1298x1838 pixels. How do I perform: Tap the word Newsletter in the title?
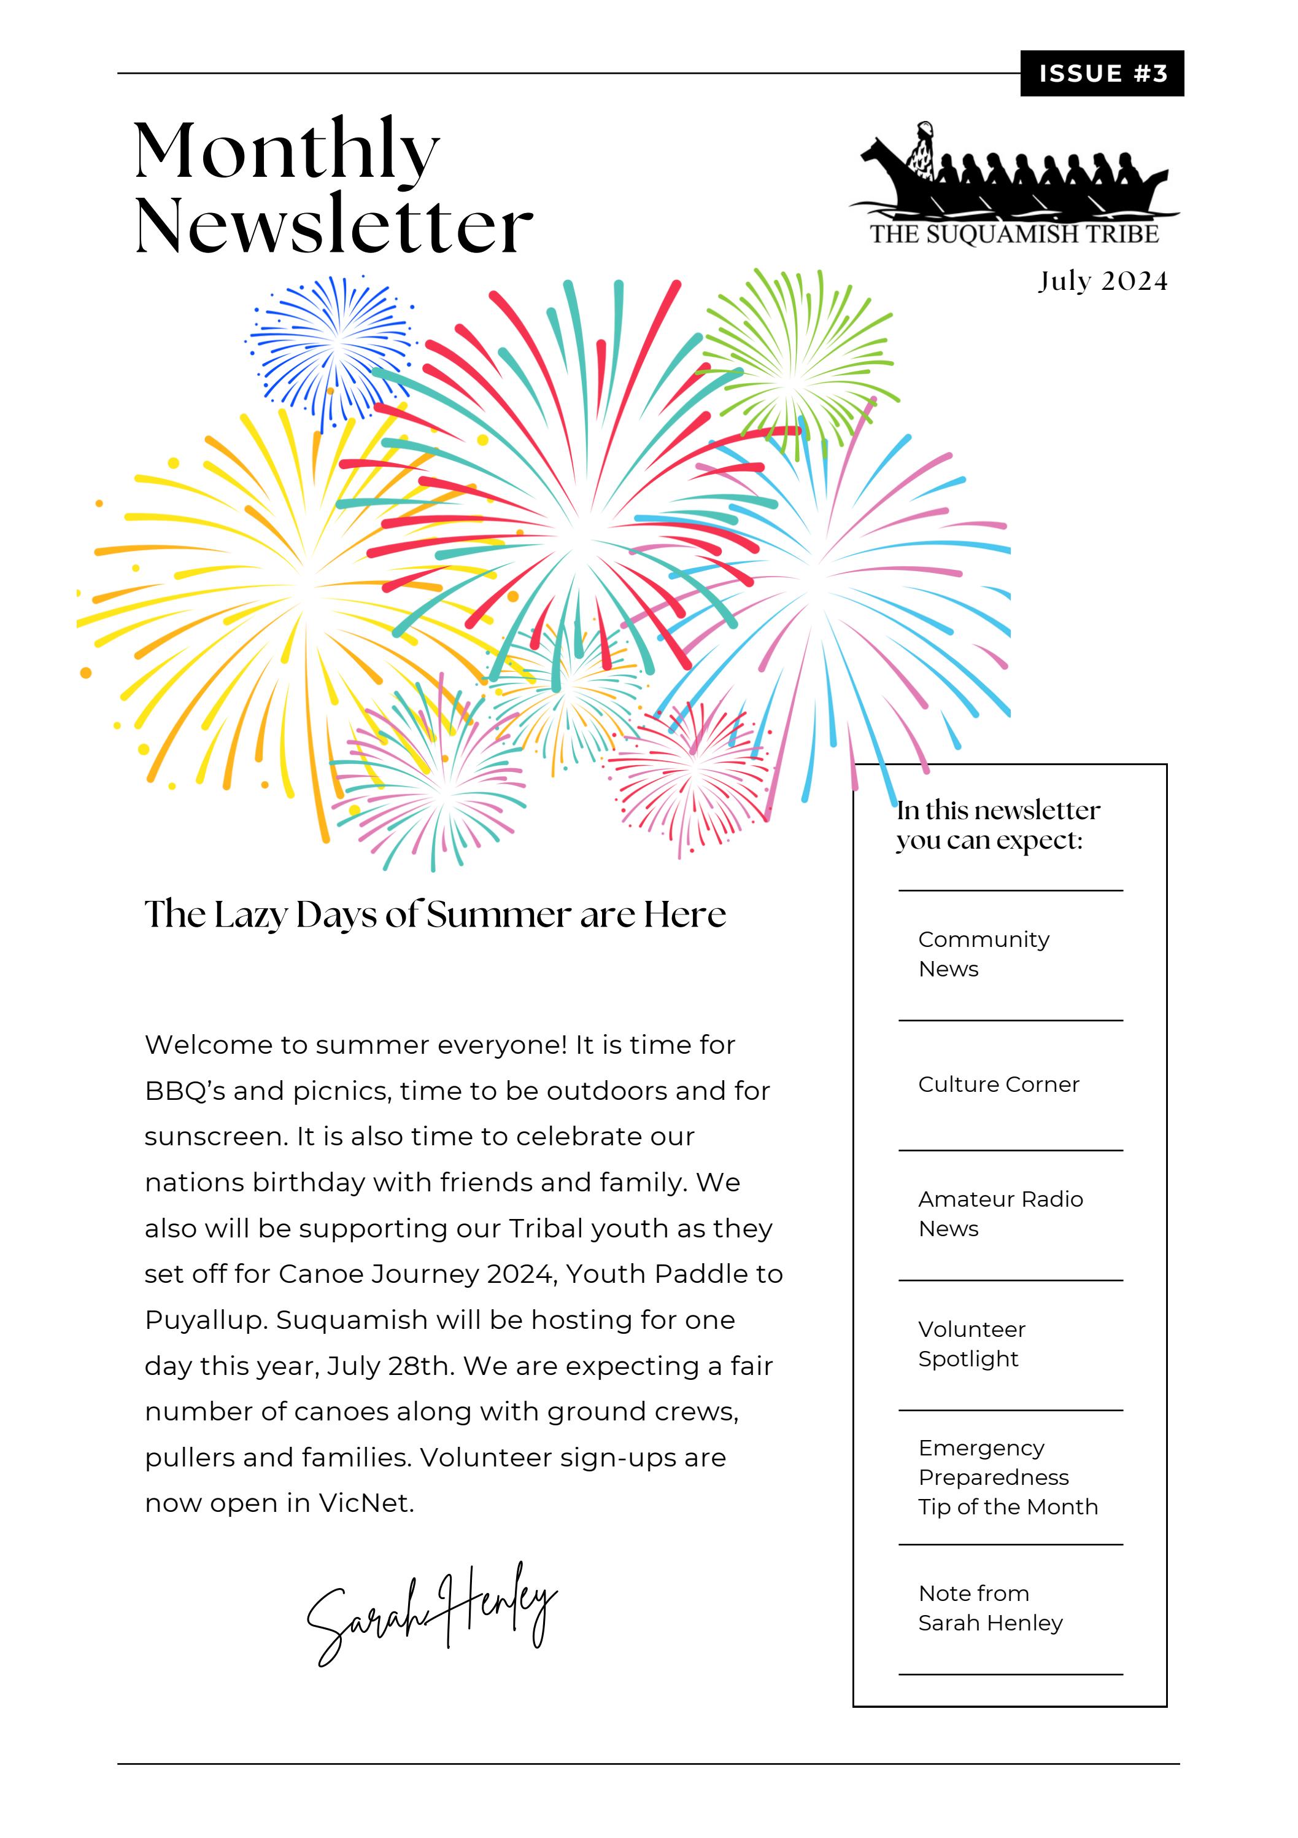click(x=333, y=226)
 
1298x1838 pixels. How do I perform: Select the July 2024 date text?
click(x=1102, y=281)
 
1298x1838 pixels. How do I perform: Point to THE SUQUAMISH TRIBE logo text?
click(x=1014, y=235)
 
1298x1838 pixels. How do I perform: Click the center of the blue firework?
click(x=334, y=346)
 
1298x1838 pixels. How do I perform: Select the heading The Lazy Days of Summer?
click(x=435, y=914)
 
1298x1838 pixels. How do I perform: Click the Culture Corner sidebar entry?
click(x=998, y=1084)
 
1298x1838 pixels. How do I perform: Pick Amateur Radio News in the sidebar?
click(x=1000, y=1213)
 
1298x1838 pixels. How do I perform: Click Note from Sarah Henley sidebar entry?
click(x=989, y=1608)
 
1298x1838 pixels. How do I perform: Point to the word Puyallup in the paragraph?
click(x=204, y=1321)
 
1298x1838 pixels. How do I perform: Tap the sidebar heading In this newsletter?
click(x=997, y=825)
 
